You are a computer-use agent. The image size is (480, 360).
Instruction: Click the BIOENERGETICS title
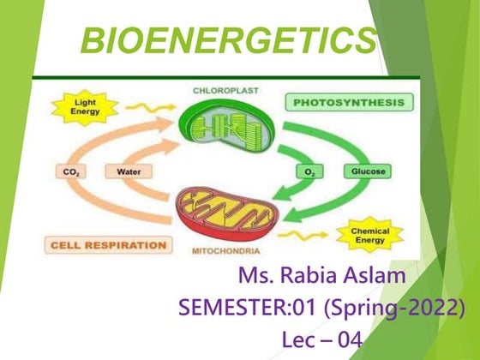click(x=227, y=39)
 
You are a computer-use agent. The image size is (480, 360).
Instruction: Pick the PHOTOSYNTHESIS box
click(x=349, y=103)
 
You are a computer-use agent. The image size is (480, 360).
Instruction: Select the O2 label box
click(x=309, y=172)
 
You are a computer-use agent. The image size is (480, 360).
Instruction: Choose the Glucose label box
click(x=369, y=171)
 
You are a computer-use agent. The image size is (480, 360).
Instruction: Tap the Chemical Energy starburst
click(x=370, y=235)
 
